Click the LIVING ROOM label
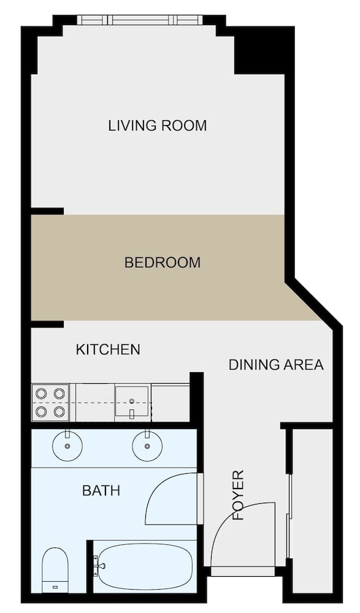coord(157,126)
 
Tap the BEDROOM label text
coord(162,263)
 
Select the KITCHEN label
coord(108,349)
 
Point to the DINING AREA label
coord(275,365)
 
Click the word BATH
coord(101,490)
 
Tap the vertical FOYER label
coord(238,495)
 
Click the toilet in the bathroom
coord(55,570)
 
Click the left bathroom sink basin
coord(67,446)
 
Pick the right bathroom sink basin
coord(148,446)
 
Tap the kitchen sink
coord(132,402)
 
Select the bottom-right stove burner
coord(59,411)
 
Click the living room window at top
coord(140,20)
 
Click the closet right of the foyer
coord(311,509)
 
